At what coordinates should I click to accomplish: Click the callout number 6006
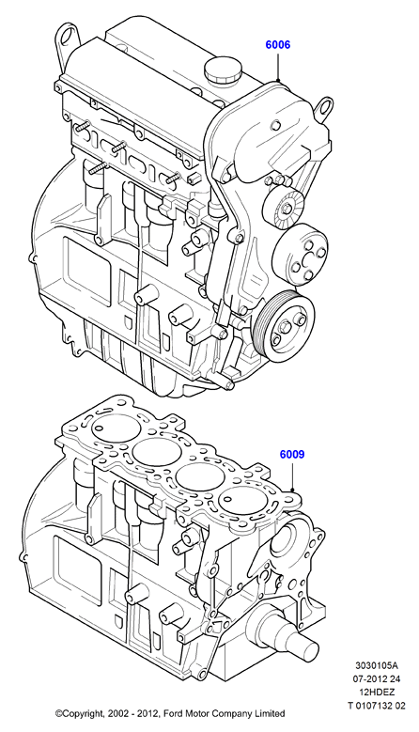pyautogui.click(x=278, y=45)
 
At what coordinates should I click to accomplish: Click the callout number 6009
pyautogui.click(x=292, y=454)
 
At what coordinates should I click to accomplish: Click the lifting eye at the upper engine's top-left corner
pyautogui.click(x=68, y=39)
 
